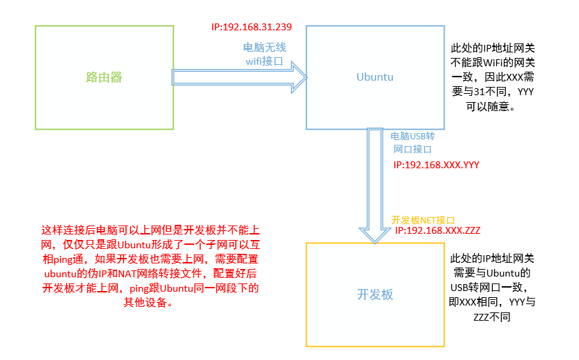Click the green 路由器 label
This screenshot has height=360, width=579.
104,77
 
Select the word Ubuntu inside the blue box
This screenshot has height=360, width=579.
374,77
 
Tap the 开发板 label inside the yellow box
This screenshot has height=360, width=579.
374,294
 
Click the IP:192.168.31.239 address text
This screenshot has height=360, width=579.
252,28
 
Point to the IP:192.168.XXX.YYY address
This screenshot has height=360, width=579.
436,166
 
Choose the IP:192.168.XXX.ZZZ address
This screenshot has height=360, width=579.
437,229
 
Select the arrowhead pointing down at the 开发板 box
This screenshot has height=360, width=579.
375,234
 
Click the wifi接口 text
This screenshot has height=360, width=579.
265,61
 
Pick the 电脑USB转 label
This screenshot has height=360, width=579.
413,137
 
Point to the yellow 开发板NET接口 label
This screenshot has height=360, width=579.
418,219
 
